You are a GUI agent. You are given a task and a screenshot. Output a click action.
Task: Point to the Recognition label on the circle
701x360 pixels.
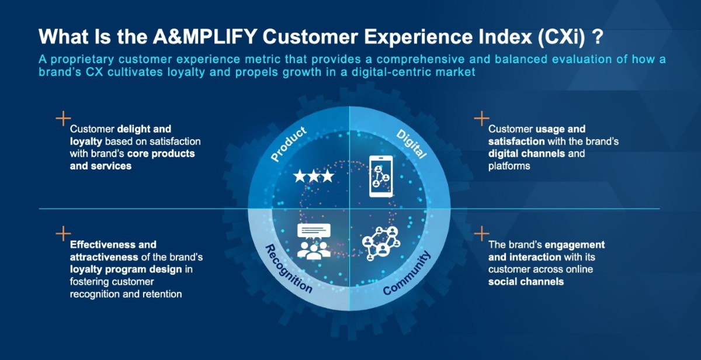tap(289, 268)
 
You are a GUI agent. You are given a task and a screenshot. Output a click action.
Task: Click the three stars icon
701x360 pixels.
tap(314, 176)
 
